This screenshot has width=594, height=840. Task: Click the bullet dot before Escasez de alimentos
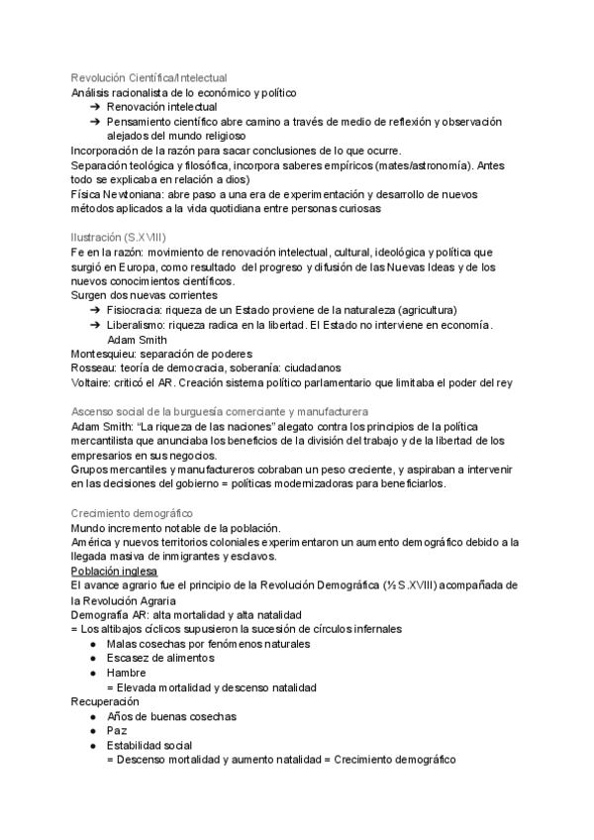tap(92, 658)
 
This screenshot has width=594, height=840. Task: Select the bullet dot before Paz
tap(92, 730)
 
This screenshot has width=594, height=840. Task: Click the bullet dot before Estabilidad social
tap(92, 745)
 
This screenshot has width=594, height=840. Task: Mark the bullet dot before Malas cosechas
tap(92, 644)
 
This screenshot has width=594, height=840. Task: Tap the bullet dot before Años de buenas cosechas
tap(92, 716)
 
